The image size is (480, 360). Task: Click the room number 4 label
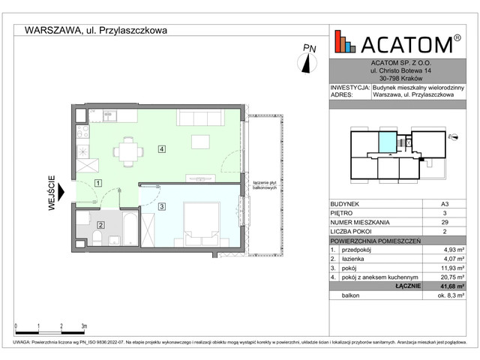(x=161, y=148)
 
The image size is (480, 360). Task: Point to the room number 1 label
(x=97, y=183)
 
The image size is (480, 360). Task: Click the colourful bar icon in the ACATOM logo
(x=345, y=42)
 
